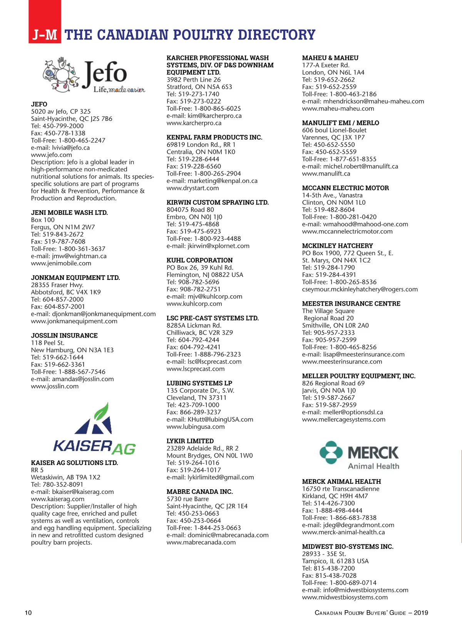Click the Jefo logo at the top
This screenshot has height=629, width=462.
coord(94,75)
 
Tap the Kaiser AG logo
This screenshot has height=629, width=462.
coord(94,429)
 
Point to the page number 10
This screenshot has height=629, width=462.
coord(28,613)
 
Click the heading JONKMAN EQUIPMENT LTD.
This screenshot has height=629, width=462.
coord(75,278)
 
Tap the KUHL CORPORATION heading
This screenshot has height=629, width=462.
coord(199,260)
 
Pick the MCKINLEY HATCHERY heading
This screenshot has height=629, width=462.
coord(337,246)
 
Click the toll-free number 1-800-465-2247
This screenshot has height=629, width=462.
coord(82,141)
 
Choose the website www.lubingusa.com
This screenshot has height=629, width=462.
coord(195,427)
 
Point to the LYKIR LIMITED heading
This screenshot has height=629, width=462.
coord(190,441)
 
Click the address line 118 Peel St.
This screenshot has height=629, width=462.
coord(47,343)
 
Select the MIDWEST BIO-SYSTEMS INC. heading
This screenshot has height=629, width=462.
coord(347,547)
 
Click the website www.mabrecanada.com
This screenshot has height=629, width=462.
coord(201,542)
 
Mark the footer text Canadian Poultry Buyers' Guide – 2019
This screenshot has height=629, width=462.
coord(371,613)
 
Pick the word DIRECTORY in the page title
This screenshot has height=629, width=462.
coord(276,35)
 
